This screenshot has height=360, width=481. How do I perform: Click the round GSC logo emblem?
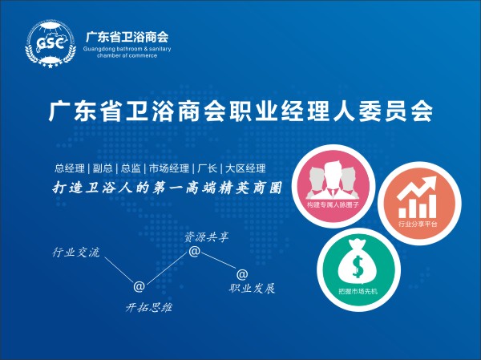(51, 43)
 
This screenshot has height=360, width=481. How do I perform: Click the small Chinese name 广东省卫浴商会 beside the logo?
(127, 37)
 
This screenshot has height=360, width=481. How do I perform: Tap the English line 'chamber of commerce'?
(127, 56)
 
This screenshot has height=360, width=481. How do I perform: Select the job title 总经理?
(69, 168)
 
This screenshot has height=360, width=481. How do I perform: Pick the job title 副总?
(103, 168)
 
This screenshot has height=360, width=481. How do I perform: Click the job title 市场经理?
(169, 168)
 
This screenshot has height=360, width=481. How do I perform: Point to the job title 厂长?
(207, 168)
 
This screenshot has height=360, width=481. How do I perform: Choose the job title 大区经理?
(245, 168)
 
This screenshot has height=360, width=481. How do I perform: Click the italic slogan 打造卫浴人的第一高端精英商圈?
(167, 188)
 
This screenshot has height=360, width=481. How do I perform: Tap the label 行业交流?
(76, 253)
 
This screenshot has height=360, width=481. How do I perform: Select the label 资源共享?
(207, 237)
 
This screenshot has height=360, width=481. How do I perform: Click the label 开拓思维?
(149, 307)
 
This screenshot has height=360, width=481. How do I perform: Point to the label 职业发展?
(252, 288)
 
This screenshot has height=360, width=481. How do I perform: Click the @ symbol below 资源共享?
(194, 251)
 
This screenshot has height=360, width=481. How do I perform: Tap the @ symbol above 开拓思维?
(139, 286)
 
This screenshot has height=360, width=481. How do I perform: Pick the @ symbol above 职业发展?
(242, 274)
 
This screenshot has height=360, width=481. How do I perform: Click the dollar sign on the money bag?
(358, 266)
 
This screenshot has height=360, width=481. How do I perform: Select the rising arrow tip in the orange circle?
(435, 176)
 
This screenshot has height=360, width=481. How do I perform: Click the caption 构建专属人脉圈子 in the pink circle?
(333, 204)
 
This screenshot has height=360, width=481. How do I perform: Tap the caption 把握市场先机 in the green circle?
(358, 291)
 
